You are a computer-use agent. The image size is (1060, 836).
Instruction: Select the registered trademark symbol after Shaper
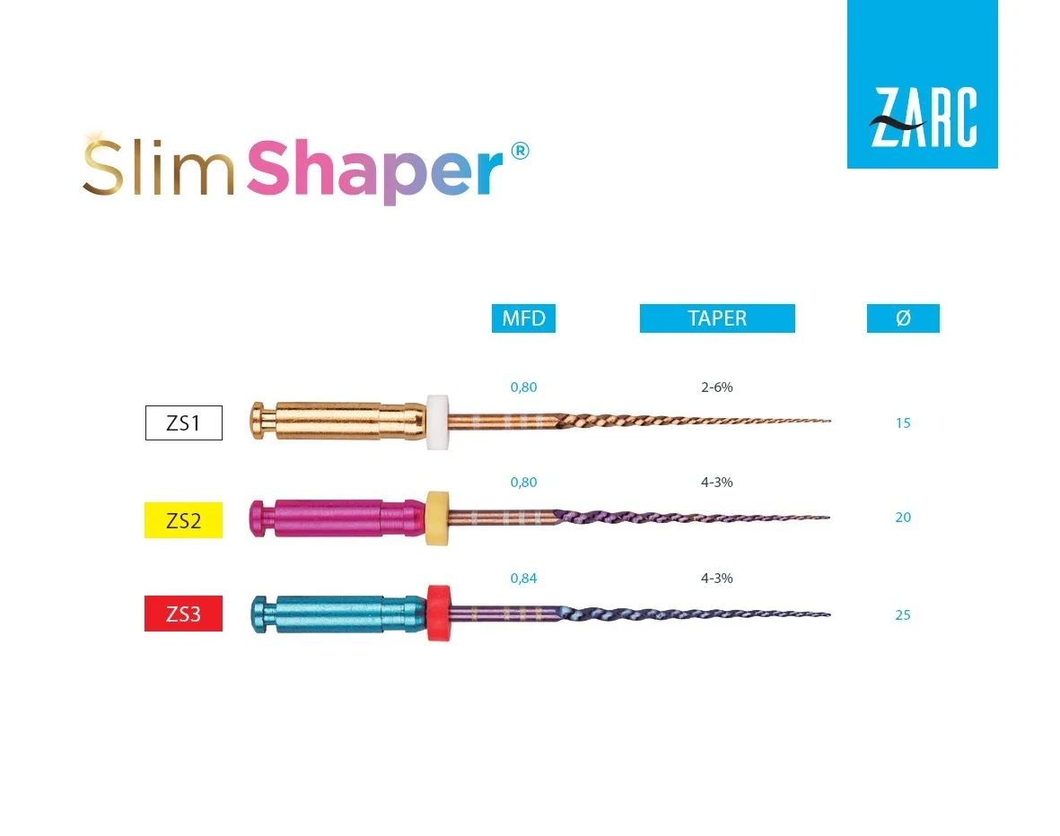(520, 151)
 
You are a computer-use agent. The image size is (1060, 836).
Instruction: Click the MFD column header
(523, 318)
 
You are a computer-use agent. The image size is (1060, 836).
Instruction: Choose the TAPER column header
(717, 318)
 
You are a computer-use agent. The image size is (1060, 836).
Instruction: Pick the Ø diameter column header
(903, 318)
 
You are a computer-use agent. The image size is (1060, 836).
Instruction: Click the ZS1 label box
(183, 423)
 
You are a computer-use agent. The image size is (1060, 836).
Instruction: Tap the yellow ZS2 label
(183, 520)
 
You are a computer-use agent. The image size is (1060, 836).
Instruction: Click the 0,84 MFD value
(523, 579)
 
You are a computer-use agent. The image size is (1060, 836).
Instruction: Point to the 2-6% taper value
(717, 388)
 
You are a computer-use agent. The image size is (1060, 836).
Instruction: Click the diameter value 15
(903, 423)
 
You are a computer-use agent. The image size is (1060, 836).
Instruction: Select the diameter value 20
(903, 518)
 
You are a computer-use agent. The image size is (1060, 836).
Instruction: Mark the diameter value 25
(903, 615)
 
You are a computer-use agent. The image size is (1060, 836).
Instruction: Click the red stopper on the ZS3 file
(437, 613)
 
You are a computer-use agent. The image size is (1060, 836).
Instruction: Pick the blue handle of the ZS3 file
(337, 614)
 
